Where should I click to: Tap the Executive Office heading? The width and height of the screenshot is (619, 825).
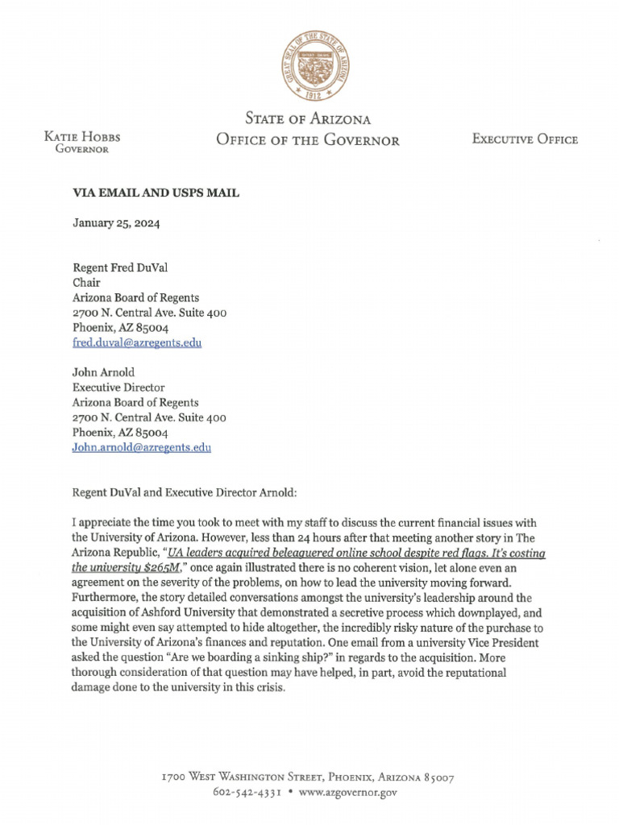point(525,139)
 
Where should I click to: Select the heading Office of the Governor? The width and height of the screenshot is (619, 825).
point(307,140)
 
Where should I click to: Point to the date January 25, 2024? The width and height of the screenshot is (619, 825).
point(116,224)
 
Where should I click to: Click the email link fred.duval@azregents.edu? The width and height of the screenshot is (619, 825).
point(137,342)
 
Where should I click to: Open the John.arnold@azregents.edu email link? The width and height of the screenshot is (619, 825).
point(142,447)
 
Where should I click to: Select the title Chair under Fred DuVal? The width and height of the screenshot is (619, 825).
point(86,283)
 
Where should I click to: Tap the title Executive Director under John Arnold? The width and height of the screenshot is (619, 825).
point(118,388)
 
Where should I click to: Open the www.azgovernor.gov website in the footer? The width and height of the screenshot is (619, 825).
point(347,793)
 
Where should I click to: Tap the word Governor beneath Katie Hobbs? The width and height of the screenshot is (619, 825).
point(81,149)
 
